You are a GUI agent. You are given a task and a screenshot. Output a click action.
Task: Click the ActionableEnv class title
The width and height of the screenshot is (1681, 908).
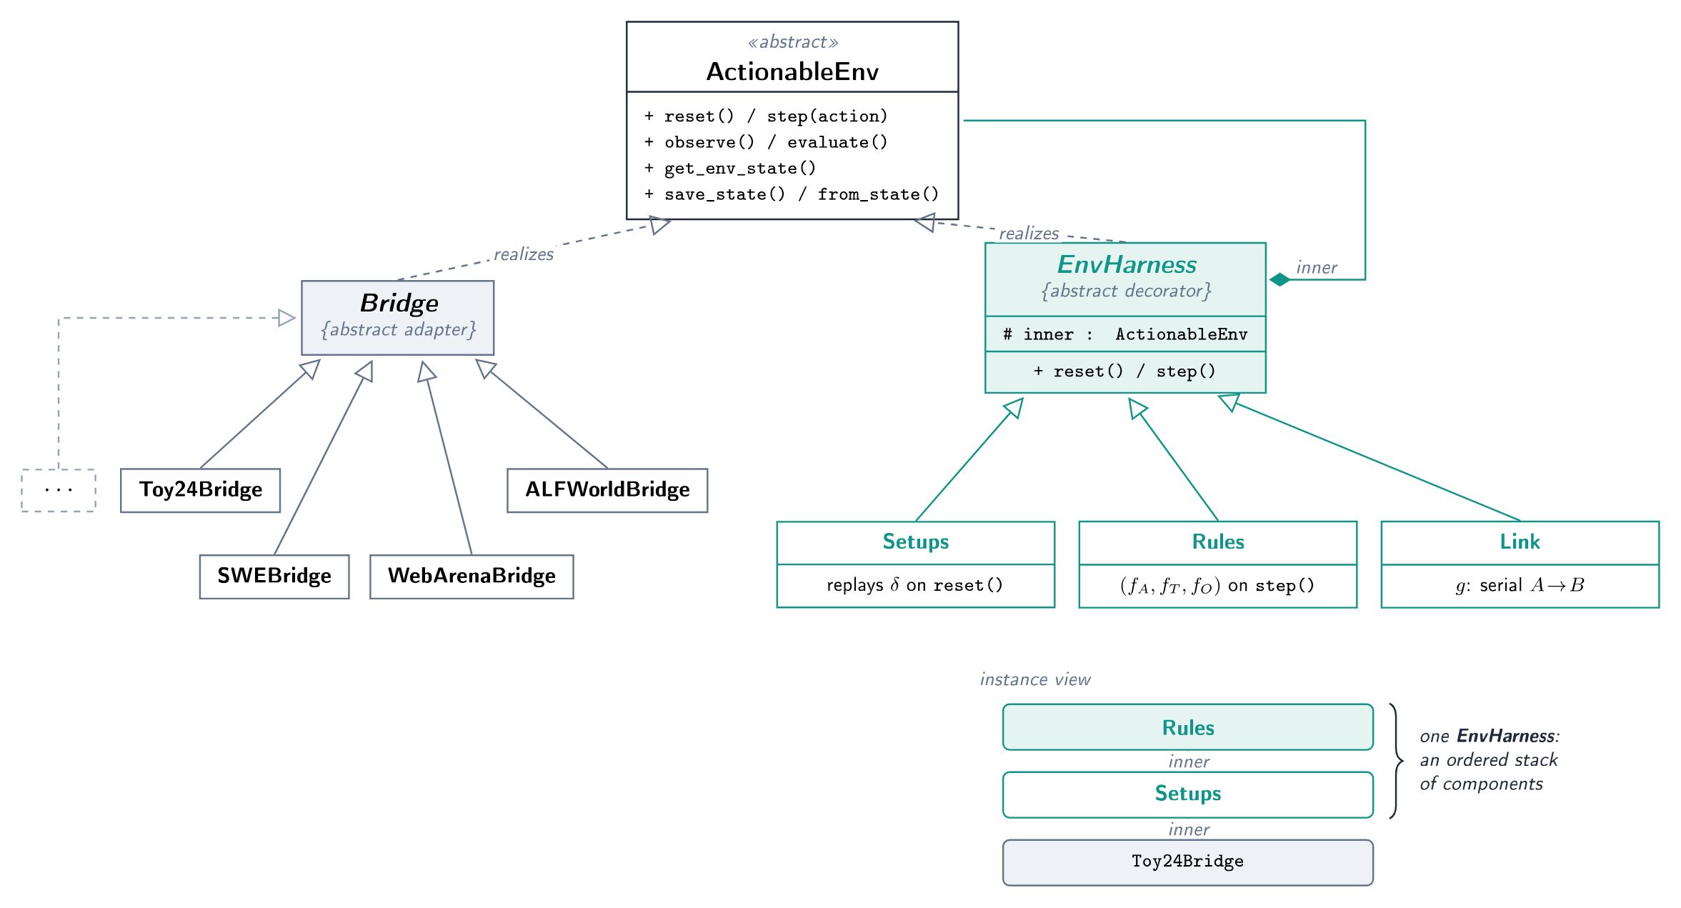tap(792, 71)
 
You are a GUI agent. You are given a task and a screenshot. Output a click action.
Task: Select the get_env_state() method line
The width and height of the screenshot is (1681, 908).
tap(729, 168)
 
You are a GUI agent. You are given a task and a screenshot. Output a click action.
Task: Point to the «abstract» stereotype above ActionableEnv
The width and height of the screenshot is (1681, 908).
tap(792, 42)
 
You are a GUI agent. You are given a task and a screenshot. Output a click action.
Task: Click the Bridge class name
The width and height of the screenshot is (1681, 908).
tap(399, 303)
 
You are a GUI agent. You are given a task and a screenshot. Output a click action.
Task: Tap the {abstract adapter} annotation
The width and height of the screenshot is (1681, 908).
tap(399, 329)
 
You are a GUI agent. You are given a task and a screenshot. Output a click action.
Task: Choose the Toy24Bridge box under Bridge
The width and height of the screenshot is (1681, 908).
tap(200, 490)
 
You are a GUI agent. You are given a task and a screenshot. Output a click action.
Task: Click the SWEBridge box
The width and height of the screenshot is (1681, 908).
tap(274, 577)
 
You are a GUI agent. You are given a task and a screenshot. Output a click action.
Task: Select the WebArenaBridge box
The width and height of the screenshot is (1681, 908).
tap(472, 577)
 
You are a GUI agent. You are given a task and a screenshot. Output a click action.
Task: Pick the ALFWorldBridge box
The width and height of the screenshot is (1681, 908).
tap(607, 490)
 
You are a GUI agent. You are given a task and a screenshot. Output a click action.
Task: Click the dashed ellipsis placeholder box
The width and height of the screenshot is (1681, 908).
tap(59, 491)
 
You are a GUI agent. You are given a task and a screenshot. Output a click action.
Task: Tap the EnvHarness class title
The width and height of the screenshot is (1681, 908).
tap(1127, 264)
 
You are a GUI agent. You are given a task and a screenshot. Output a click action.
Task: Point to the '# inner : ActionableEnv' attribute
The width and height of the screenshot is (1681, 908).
tap(1125, 334)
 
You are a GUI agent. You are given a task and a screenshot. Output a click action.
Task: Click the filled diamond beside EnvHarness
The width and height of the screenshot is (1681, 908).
tap(1280, 279)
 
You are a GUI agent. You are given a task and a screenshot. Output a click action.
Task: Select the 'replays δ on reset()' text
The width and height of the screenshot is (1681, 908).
tap(915, 585)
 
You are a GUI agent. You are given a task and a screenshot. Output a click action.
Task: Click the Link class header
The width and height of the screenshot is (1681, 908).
tap(1520, 542)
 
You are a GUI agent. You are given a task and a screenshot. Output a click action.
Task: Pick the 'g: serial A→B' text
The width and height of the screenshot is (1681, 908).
tap(1520, 585)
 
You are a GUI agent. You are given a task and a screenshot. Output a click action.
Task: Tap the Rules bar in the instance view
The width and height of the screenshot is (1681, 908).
tap(1188, 727)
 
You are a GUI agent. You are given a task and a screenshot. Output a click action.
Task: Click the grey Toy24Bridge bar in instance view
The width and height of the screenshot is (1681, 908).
tap(1188, 862)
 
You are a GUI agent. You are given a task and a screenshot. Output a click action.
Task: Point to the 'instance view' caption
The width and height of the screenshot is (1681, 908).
tap(1035, 679)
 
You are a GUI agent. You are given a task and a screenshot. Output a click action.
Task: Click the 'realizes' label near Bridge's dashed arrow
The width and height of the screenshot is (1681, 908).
tap(524, 254)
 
